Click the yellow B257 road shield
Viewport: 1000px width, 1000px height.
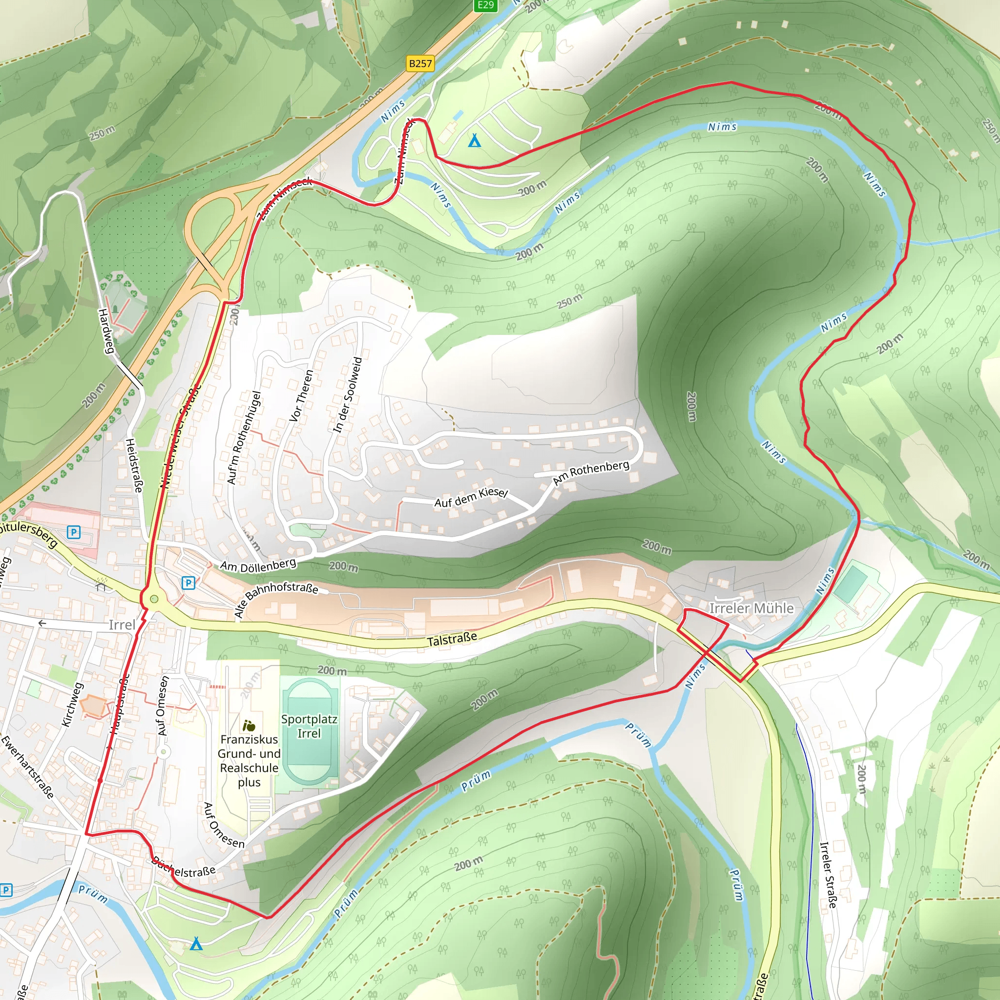point(420,63)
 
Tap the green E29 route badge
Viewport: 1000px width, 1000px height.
point(485,5)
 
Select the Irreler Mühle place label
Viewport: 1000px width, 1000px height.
point(750,608)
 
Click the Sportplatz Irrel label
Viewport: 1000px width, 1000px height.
point(309,726)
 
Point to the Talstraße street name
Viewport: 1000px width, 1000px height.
point(452,639)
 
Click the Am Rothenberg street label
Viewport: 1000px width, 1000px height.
point(591,473)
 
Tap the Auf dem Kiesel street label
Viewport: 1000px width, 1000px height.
point(471,498)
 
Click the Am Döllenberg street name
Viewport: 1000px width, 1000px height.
point(258,565)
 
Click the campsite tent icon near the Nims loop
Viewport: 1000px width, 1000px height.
point(474,140)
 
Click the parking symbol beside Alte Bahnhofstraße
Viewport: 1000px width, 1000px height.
point(188,583)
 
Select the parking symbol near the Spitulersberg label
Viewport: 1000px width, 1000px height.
point(74,532)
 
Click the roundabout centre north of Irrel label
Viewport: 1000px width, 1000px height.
point(154,600)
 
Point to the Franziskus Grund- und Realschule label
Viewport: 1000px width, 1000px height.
point(249,760)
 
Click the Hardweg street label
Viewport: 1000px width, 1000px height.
point(106,331)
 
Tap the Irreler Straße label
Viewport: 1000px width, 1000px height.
point(828,875)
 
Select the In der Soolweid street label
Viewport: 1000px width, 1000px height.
point(347,395)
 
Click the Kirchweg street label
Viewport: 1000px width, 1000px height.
point(72,705)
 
